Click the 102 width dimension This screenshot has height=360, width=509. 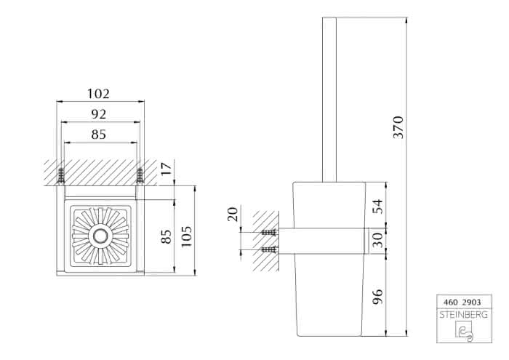pyautogui.click(x=98, y=94)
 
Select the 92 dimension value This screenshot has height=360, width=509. pyautogui.click(x=99, y=114)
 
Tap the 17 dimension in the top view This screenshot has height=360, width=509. pyautogui.click(x=167, y=169)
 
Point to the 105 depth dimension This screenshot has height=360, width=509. pyautogui.click(x=186, y=236)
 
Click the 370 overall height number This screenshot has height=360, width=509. pyautogui.click(x=398, y=127)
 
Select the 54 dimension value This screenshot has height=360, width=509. pyautogui.click(x=377, y=207)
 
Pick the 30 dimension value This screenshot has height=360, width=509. pyautogui.click(x=377, y=239)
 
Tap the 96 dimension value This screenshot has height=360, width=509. pyautogui.click(x=377, y=297)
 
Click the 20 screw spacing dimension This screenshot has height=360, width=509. pyautogui.click(x=233, y=215)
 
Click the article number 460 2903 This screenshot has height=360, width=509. pyautogui.click(x=462, y=303)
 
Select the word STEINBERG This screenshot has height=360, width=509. pyautogui.click(x=464, y=315)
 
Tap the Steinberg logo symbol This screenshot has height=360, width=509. pyautogui.click(x=464, y=331)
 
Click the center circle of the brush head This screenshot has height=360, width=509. pyautogui.click(x=100, y=236)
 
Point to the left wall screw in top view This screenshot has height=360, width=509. pyautogui.click(x=60, y=175)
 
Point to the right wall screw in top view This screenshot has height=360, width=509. pyautogui.click(x=140, y=175)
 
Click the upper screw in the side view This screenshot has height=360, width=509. pyautogui.click(x=269, y=232)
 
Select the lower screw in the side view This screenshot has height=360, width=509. pyautogui.click(x=269, y=249)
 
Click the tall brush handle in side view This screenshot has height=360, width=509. pyautogui.click(x=329, y=100)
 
